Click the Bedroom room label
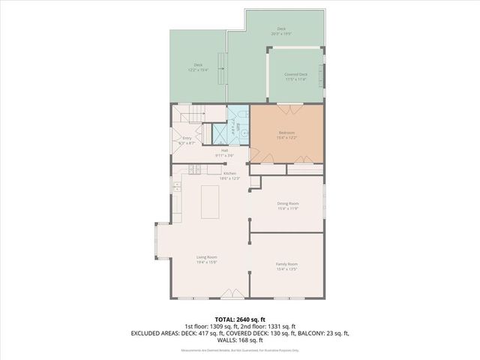coord(287,132)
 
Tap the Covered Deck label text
coord(296,74)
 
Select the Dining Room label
coord(288,204)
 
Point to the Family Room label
coord(286,264)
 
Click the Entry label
coord(187,138)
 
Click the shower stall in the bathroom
coord(223,134)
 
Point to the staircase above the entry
coord(191,115)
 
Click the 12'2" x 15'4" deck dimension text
coord(198,70)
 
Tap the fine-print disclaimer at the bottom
coord(240,349)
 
